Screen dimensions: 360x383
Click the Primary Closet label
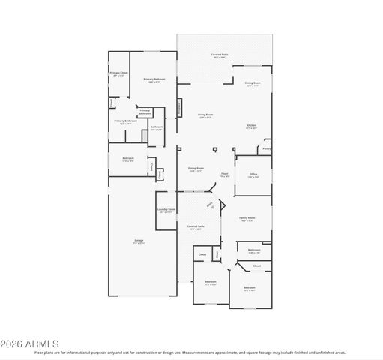coord(119,73)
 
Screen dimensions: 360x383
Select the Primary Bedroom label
coord(154,79)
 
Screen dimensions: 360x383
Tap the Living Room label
coord(205,115)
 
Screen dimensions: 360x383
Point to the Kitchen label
coord(252,125)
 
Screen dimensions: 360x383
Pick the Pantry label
coord(266,148)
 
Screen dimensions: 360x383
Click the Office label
coord(253,174)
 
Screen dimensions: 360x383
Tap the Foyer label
coord(223,174)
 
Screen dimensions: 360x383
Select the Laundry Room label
coord(166,209)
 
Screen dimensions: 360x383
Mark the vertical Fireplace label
coord(179,108)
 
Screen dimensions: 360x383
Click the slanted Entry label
coord(210,205)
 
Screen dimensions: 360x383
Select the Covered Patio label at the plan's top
coord(220,55)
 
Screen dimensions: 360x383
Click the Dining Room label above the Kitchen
coord(252,83)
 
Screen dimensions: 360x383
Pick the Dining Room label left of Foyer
coord(195,168)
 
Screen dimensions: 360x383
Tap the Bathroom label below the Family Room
coord(254,250)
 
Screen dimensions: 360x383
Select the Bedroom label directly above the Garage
coord(128,158)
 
